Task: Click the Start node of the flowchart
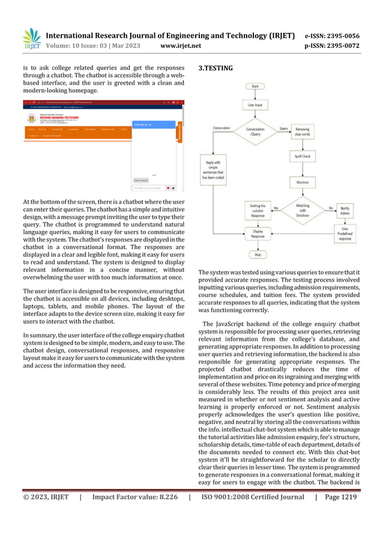point(255,86)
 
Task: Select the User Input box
point(255,105)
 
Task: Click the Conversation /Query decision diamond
point(255,132)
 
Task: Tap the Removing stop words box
point(302,132)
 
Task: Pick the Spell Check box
point(302,156)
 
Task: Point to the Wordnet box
point(302,181)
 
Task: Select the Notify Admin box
point(345,211)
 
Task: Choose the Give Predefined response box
point(345,234)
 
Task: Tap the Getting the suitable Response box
point(258,211)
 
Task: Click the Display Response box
point(258,234)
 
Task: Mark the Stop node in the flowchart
point(258,254)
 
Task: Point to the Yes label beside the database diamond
point(276,208)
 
